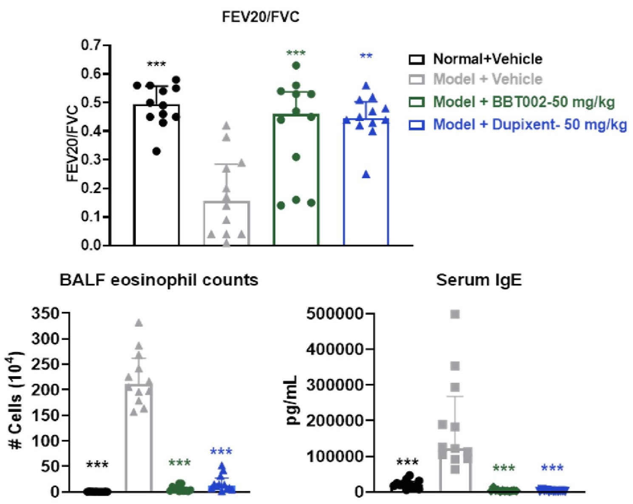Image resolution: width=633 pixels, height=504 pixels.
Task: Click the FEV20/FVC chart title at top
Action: tap(260, 17)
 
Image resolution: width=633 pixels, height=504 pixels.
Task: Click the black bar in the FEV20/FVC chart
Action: tap(156, 175)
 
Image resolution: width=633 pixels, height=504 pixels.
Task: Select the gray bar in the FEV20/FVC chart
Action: tap(227, 223)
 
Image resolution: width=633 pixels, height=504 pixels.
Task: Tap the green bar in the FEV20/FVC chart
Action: tap(296, 180)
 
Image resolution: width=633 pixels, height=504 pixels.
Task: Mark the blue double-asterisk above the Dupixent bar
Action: tap(366, 56)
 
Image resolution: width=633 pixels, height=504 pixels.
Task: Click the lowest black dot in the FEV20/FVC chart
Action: tap(157, 151)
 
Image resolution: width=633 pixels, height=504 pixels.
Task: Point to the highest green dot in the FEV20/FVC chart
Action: tap(296, 65)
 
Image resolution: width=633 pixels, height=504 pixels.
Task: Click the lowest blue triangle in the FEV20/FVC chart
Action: tap(366, 175)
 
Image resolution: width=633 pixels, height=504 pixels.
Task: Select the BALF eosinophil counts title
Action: tap(159, 280)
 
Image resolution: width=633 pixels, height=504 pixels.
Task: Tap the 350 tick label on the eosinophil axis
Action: tap(45, 314)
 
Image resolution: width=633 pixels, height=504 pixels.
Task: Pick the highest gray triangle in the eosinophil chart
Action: tap(139, 323)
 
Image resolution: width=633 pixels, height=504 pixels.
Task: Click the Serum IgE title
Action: tap(479, 280)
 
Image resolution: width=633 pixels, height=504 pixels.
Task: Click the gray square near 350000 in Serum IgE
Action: tap(455, 366)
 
